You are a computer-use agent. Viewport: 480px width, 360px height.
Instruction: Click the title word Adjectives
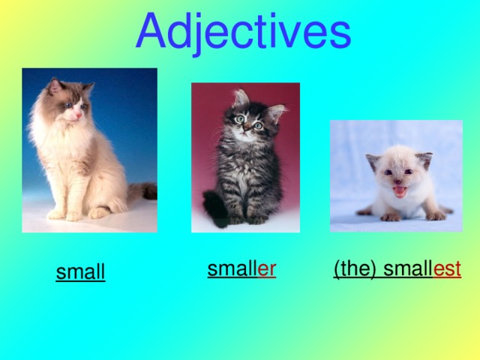pyautogui.click(x=243, y=31)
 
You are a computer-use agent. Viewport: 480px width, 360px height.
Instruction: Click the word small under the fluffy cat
pyautogui.click(x=80, y=272)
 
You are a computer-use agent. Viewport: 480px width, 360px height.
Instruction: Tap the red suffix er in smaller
pyautogui.click(x=267, y=269)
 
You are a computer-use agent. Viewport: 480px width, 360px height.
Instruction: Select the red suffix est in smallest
pyautogui.click(x=447, y=269)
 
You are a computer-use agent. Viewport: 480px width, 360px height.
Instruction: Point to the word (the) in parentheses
pyautogui.click(x=355, y=269)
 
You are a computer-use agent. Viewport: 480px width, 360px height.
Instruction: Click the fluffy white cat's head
pyautogui.click(x=68, y=102)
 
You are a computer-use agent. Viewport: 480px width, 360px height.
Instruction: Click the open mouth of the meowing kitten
pyautogui.click(x=400, y=191)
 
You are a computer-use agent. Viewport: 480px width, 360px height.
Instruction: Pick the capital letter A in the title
pyautogui.click(x=153, y=31)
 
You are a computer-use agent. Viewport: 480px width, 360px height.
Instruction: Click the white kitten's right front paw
pyautogui.click(x=390, y=217)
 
